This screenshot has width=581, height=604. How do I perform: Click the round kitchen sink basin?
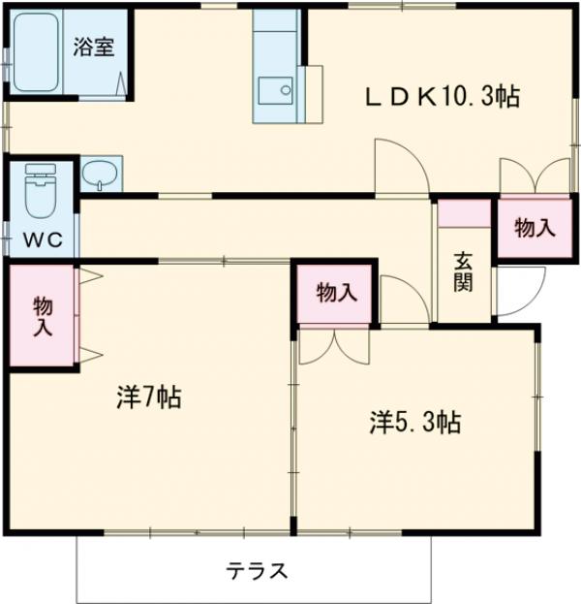pyautogui.click(x=286, y=92)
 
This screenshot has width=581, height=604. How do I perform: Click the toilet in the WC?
pyautogui.click(x=40, y=194)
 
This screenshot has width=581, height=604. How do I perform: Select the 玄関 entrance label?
pyautogui.click(x=463, y=272)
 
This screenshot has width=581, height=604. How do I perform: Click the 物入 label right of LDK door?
pyautogui.click(x=535, y=229)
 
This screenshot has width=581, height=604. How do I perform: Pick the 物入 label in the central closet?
pyautogui.click(x=336, y=292)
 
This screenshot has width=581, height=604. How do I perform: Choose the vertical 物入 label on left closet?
pyautogui.click(x=43, y=316)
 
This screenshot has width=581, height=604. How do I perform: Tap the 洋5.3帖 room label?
pyautogui.click(x=413, y=422)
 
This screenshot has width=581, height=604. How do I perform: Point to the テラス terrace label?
pyautogui.click(x=257, y=570)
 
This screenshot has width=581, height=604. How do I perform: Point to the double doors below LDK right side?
pyautogui.click(x=535, y=176)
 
